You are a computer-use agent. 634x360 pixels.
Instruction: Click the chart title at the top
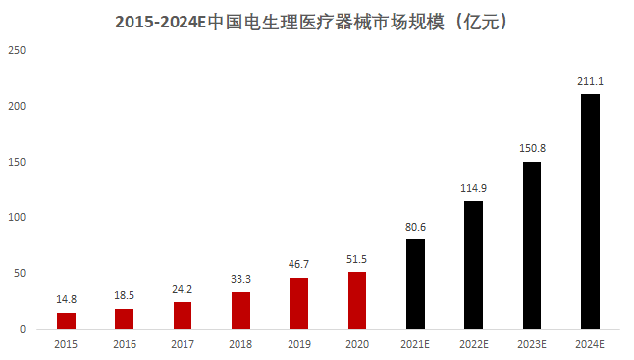pos(317,20)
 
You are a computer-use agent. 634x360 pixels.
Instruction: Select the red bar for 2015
pos(66,321)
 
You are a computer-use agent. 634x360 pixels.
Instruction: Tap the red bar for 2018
pos(240,310)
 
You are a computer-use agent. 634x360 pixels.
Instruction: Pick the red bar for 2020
pos(357,300)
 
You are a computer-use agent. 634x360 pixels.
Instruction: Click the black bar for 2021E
pos(415,283)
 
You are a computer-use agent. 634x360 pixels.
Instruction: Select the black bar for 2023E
pos(531,244)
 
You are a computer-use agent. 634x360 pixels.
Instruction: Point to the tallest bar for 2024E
pos(590,211)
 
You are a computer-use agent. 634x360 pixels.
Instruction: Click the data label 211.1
pos(590,82)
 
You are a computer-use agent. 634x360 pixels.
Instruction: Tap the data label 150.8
pos(531,149)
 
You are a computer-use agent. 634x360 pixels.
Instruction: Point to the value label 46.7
pos(298,265)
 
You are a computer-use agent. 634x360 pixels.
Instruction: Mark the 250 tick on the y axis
pos(17,50)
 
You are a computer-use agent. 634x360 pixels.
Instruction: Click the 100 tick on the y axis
pos(17,217)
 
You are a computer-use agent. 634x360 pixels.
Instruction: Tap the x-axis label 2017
pos(183,344)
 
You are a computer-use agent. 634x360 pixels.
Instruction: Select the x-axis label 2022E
pos(473,344)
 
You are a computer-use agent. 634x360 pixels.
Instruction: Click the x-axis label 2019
pos(298,344)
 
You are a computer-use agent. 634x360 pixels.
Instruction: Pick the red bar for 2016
pos(125,319)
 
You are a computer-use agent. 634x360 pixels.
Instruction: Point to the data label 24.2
pos(183,290)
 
